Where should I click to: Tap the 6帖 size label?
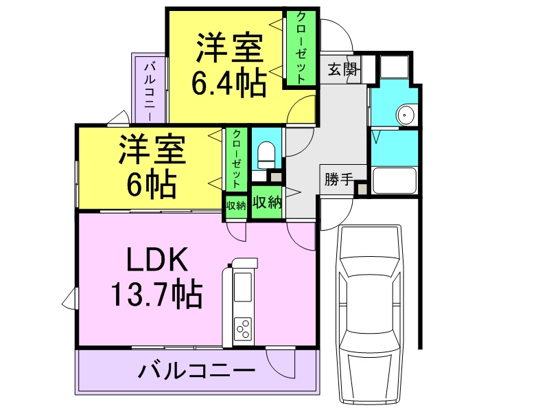click(152, 183)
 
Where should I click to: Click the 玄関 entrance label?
click(341, 69)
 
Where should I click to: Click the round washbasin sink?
click(406, 115)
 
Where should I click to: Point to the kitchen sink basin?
click(244, 288)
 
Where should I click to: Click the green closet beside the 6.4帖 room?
click(301, 48)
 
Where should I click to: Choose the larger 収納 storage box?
click(266, 203)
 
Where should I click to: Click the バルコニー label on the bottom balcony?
click(196, 371)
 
